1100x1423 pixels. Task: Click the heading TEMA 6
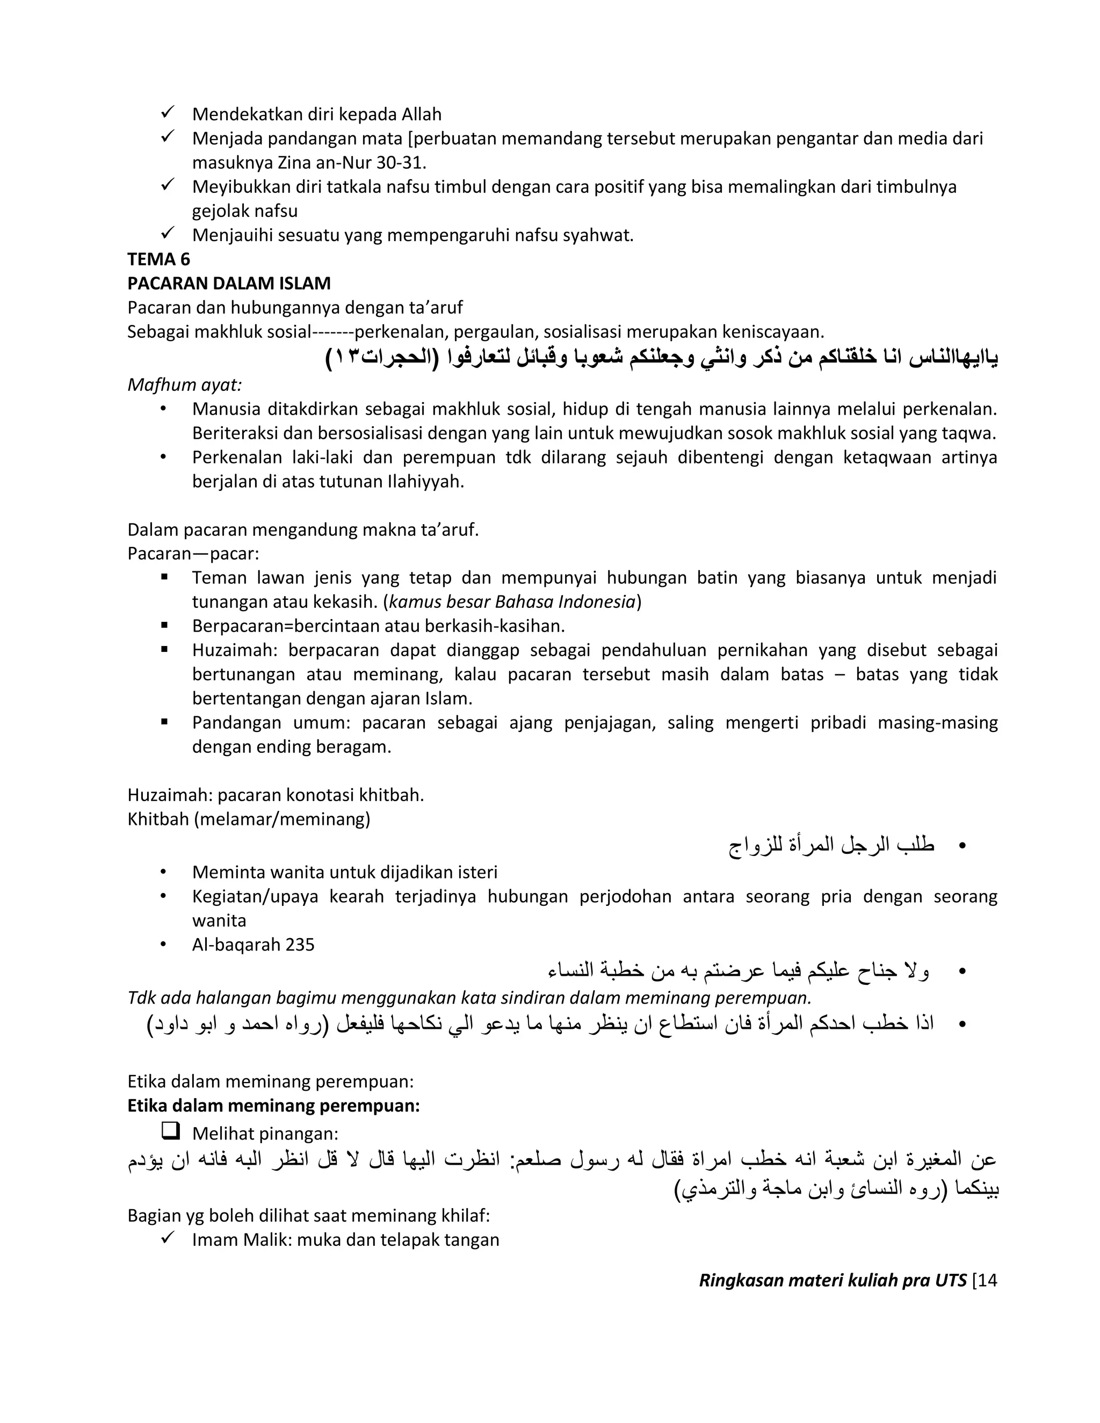tap(158, 259)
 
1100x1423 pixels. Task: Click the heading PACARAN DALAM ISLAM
tap(229, 284)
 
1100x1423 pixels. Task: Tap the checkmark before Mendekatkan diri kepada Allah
tap(167, 113)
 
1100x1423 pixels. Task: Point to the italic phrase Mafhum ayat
tap(184, 385)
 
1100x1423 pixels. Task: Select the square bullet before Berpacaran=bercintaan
tap(164, 626)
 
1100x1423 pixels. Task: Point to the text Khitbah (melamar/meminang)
tap(248, 819)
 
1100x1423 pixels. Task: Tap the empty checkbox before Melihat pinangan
tap(171, 1132)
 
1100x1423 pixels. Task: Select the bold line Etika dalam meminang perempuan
tap(273, 1106)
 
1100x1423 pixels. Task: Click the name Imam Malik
tap(240, 1240)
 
